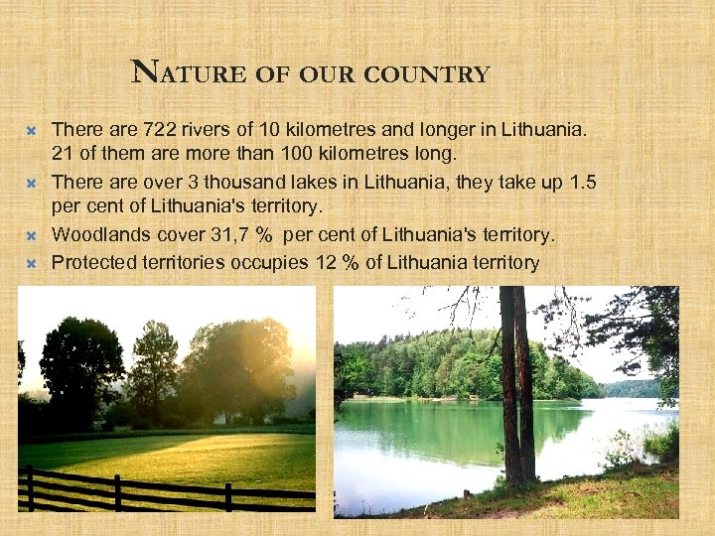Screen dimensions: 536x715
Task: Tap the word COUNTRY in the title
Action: pyautogui.click(x=441, y=74)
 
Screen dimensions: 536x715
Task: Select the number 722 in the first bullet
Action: pyautogui.click(x=161, y=129)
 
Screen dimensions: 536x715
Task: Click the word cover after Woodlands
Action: pyautogui.click(x=173, y=235)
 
